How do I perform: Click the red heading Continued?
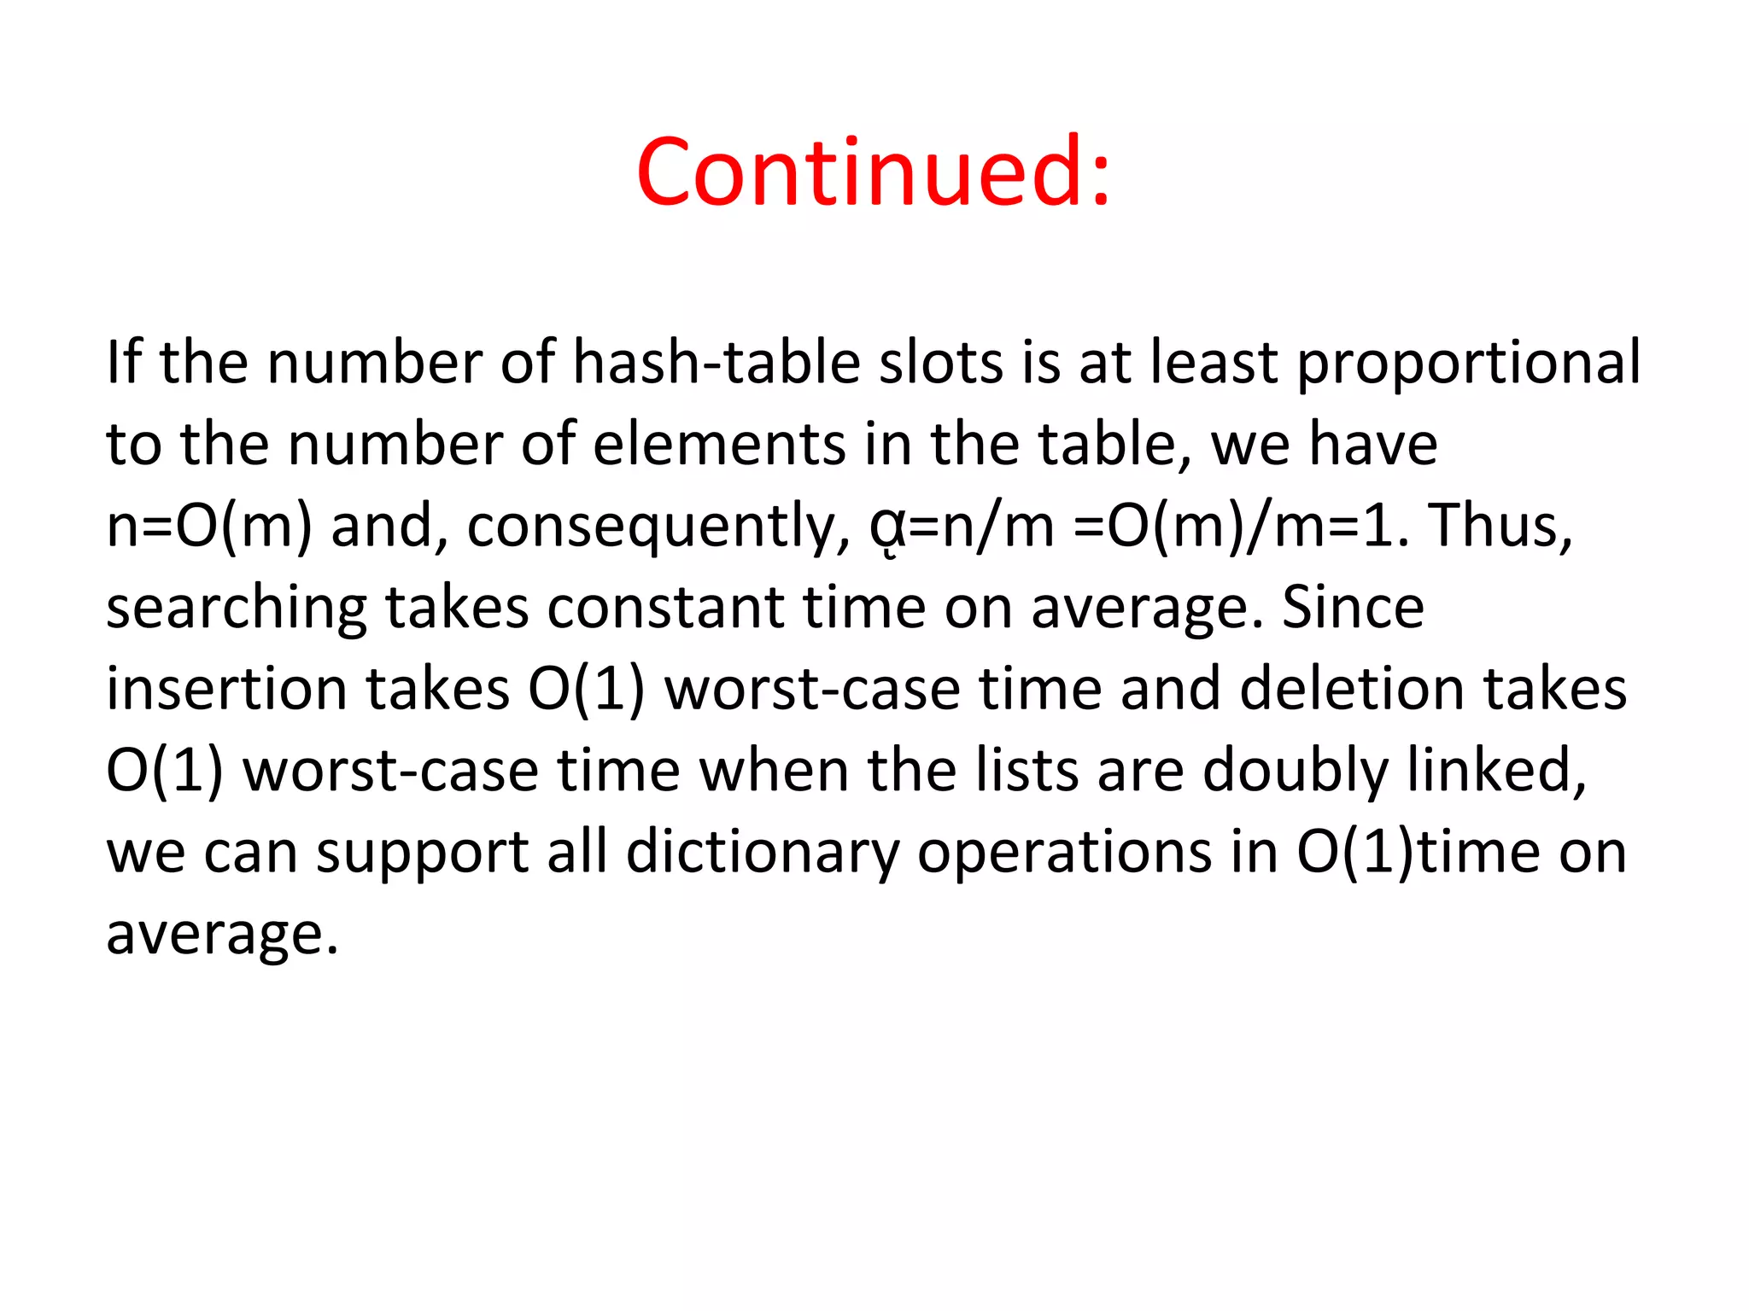(x=873, y=172)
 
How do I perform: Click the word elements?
(x=718, y=445)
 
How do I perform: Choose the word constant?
(x=664, y=608)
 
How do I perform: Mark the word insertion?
(x=226, y=689)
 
